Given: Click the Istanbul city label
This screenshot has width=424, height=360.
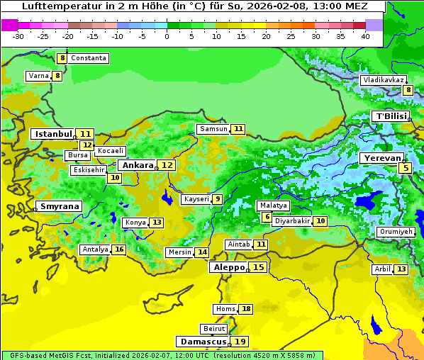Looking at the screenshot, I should pos(53,134).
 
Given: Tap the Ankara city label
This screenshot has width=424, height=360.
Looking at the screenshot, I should pos(137,165).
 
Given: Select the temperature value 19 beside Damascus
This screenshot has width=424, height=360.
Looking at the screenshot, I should pos(241,342).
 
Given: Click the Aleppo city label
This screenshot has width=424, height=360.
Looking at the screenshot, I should pos(228,267).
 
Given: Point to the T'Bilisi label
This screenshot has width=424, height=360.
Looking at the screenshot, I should pos(391,116).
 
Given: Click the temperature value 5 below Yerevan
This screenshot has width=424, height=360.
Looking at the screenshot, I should pos(405,168).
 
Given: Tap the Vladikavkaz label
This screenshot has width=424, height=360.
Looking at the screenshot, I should pos(383,81).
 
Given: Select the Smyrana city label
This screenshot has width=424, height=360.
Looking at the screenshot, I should pos(59,206).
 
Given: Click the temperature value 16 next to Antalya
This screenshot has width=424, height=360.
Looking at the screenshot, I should pos(119,249).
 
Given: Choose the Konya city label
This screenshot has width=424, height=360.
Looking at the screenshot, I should pos(135,223).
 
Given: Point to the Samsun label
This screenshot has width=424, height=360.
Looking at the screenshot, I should pos(213,129).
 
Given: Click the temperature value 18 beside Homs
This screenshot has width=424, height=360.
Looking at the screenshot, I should pos(246,309).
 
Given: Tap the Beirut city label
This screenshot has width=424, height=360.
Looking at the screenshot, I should pos(214,329).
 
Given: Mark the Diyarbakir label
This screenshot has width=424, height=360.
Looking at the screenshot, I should pos(292,221).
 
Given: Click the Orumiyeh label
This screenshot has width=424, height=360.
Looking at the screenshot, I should pos(395,232).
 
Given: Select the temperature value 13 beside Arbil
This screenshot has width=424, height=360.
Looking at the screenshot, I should pos(401,269).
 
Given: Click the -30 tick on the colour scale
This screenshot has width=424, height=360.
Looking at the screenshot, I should pos(18,35).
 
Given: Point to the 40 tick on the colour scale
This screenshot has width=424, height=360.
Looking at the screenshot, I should pos(365,35).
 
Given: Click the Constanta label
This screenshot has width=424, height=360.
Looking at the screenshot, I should pos(89,58).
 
